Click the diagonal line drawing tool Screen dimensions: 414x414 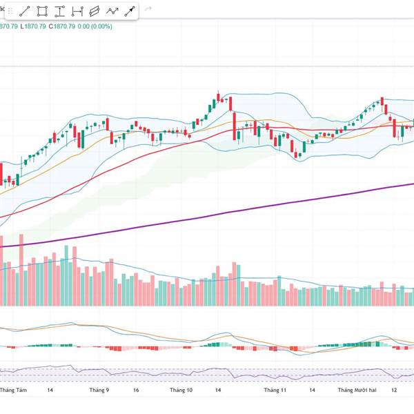tap(24, 11)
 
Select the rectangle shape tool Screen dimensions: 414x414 tap(42, 11)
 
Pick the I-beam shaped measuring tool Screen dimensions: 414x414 tap(60, 11)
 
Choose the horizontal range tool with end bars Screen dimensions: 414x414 tap(77, 11)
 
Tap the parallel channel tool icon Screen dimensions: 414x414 tap(95, 11)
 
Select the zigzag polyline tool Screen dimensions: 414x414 tap(112, 11)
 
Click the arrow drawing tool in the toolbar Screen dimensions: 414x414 tap(130, 11)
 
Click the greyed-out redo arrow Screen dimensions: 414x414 tap(148, 10)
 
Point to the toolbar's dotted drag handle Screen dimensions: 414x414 tap(8, 11)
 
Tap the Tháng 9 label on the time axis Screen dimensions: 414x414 tap(99, 390)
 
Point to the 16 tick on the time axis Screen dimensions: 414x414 tap(136, 390)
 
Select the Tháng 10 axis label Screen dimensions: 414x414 tap(181, 390)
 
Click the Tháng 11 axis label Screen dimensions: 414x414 tap(275, 390)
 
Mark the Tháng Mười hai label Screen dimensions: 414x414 tap(357, 390)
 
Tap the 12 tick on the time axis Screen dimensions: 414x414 tap(393, 390)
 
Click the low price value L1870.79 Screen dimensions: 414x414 tap(32, 26)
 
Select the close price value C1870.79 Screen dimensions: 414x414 tap(60, 26)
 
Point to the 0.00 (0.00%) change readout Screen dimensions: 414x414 tap(94, 26)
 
